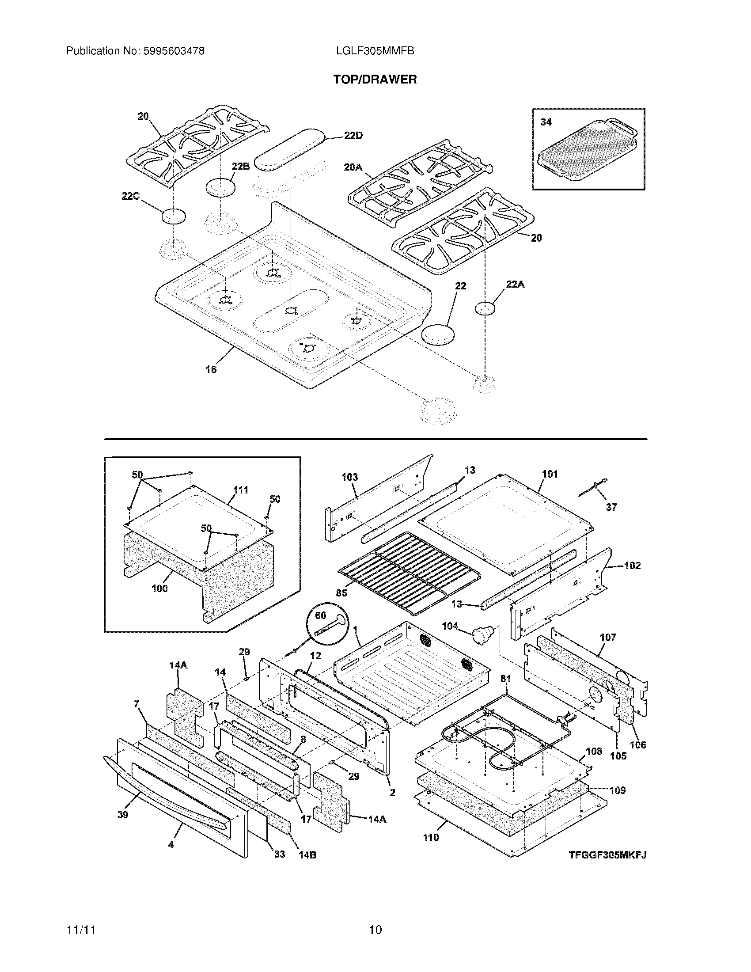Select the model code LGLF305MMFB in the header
(x=375, y=51)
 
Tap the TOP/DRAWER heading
(x=375, y=80)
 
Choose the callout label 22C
(x=130, y=196)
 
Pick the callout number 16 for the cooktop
(x=211, y=369)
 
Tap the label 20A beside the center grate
(x=353, y=167)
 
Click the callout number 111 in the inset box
(x=241, y=490)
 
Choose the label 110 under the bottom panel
(x=430, y=837)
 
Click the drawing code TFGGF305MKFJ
(x=607, y=854)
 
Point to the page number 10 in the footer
(x=375, y=930)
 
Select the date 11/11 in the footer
(x=81, y=930)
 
